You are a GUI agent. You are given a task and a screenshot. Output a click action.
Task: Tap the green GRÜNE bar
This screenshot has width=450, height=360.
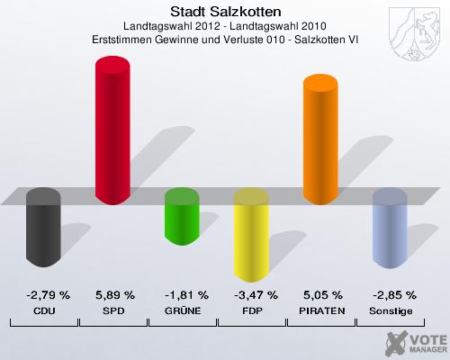(182, 216)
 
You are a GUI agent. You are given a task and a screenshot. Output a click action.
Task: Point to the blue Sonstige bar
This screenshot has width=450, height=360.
(390, 229)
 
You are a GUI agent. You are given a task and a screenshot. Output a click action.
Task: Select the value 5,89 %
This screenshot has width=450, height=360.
(114, 294)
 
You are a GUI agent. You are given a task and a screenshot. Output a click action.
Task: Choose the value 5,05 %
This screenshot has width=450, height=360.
(322, 294)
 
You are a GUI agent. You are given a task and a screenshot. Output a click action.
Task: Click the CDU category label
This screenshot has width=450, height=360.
(44, 310)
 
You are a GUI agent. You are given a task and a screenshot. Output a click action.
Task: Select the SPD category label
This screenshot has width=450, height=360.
(114, 310)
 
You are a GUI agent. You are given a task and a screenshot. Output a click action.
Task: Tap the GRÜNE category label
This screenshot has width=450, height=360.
(184, 310)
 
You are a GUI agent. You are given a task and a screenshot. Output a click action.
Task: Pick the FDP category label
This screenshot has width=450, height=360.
(252, 310)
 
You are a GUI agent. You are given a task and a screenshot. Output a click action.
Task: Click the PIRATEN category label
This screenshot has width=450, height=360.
(322, 310)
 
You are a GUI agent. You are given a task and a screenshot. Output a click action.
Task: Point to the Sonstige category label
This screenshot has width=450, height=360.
(391, 310)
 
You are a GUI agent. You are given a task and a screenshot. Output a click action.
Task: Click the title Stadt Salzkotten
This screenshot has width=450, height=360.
(225, 12)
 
